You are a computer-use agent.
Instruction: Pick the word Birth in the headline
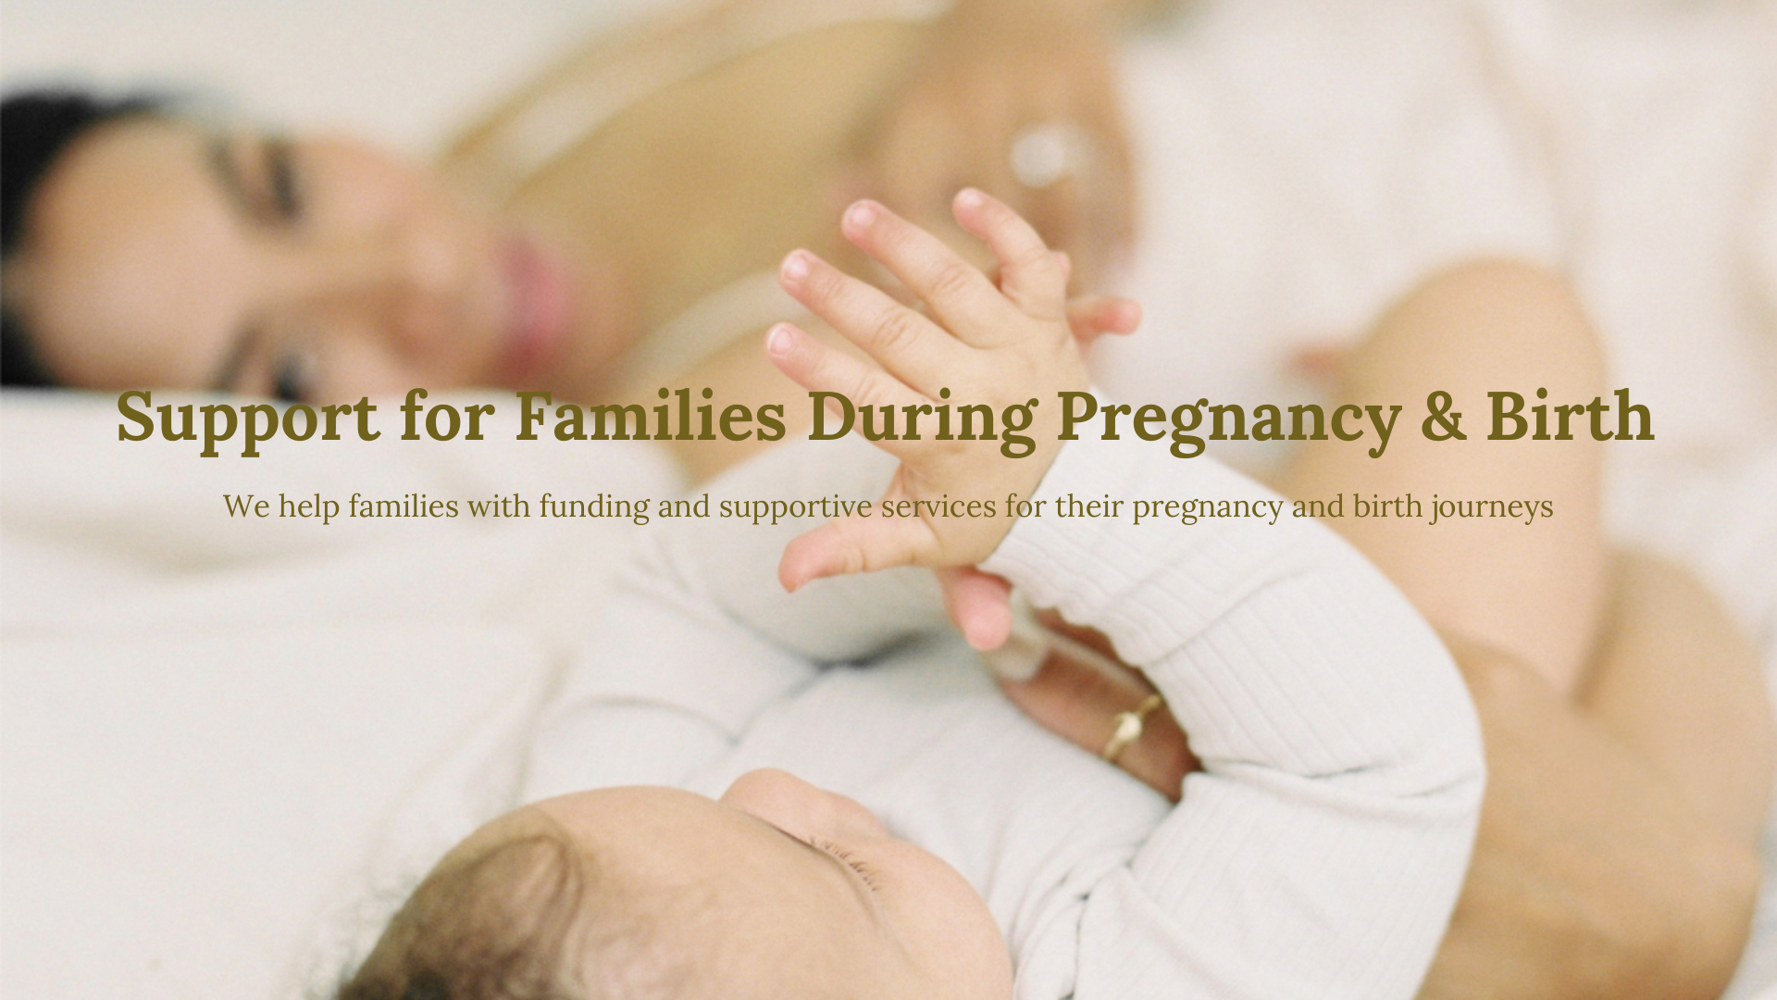pos(1571,415)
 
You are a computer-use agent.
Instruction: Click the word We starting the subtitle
pos(246,506)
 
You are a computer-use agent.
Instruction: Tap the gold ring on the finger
pos(1131,726)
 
